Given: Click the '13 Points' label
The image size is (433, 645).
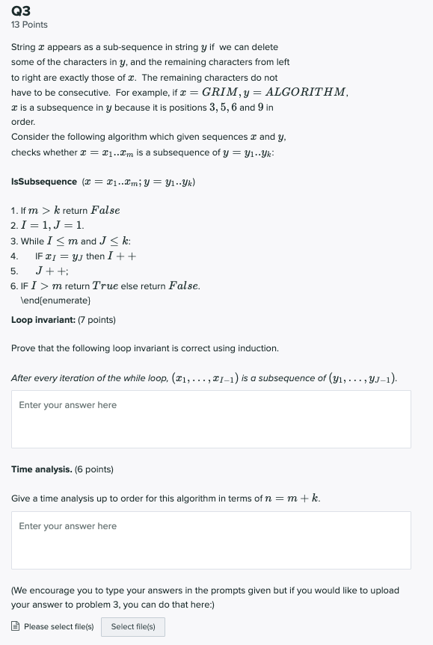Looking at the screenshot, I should pos(29,25).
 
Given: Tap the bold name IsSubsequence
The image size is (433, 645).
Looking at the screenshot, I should pos(44,182).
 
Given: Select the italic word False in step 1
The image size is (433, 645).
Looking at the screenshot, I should pos(105,211).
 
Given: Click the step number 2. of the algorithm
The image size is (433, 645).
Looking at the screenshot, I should pos(14,226).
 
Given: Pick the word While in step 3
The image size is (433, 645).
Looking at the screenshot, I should pos(31,241).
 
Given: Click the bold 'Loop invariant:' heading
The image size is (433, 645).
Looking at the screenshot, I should pos(43,320).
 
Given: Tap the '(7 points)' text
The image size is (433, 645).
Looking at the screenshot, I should pos(96,320).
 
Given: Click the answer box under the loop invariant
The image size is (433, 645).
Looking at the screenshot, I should pos(211,419).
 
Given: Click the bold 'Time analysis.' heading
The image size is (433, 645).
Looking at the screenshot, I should pos(42,469).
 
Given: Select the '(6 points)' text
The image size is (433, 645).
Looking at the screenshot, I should pos(94,469).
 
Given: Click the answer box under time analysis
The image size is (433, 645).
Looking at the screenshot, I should pos(211,540).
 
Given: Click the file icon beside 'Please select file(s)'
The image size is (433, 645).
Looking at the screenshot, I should pos(16,626).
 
